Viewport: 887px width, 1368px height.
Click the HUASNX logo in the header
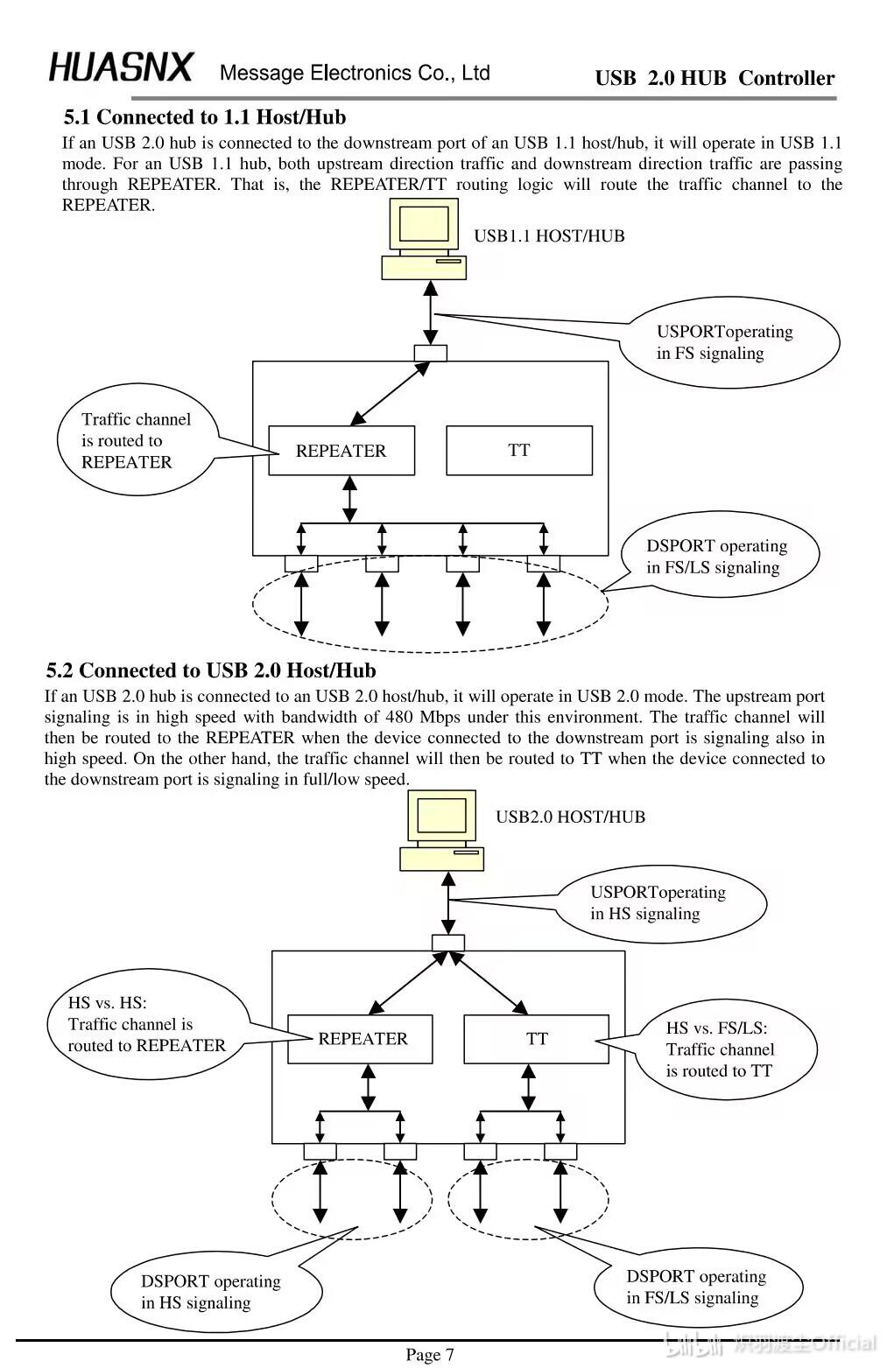pyautogui.click(x=121, y=67)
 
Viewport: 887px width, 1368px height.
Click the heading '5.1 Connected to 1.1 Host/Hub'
pyautogui.click(x=205, y=116)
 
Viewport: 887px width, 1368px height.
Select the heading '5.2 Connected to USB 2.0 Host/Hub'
pyautogui.click(x=211, y=670)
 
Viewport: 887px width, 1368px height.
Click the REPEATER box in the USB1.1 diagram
pyautogui.click(x=341, y=451)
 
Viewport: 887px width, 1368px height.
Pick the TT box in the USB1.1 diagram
pyautogui.click(x=519, y=451)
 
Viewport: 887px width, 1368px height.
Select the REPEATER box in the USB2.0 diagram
pyautogui.click(x=361, y=1039)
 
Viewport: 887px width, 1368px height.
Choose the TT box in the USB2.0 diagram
pyautogui.click(x=537, y=1039)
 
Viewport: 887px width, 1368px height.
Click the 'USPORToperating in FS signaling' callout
pyautogui.click(x=729, y=342)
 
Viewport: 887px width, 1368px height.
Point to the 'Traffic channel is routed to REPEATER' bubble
pyautogui.click(x=137, y=439)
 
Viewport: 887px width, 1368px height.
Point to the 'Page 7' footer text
pyautogui.click(x=430, y=1354)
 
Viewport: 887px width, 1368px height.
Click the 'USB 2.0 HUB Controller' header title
pyautogui.click(x=715, y=78)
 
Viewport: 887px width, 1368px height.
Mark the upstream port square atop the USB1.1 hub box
pyautogui.click(x=431, y=353)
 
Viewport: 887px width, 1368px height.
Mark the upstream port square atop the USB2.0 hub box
pyautogui.click(x=448, y=943)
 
